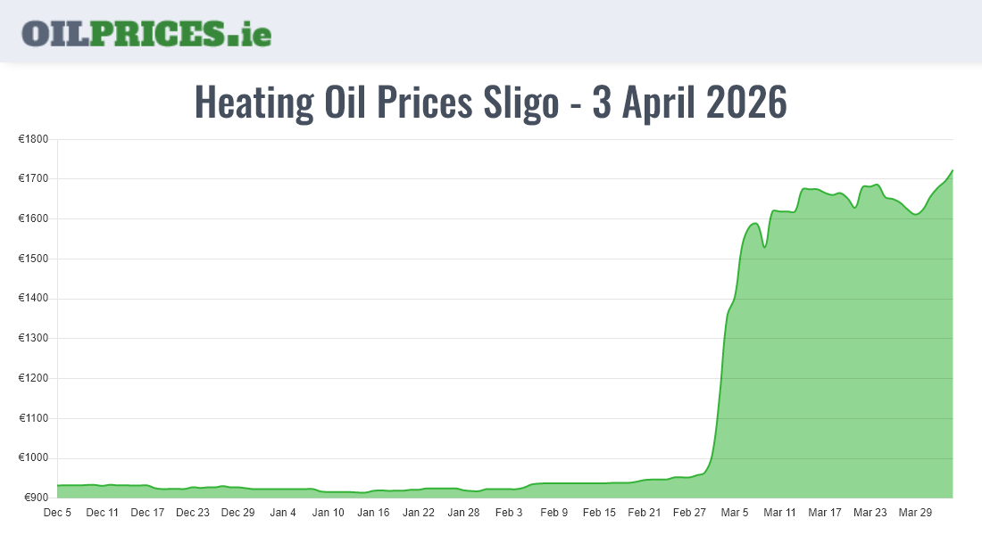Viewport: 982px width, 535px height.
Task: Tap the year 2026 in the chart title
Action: click(x=745, y=103)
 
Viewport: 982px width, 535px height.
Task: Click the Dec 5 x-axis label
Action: click(x=57, y=513)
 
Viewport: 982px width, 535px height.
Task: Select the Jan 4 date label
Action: click(x=283, y=513)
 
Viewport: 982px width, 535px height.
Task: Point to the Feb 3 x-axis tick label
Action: click(x=509, y=513)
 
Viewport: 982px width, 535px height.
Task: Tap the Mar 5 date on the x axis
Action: click(x=735, y=513)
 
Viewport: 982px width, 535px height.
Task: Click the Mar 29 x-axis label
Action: click(x=915, y=513)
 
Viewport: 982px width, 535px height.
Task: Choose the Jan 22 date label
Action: click(x=419, y=513)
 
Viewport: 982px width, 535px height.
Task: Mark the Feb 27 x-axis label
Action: click(x=690, y=513)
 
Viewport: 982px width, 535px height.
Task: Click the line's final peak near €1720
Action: click(x=952, y=170)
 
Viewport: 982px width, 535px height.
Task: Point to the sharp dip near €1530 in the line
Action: click(x=764, y=246)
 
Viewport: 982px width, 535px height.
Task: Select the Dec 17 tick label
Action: click(x=147, y=513)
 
